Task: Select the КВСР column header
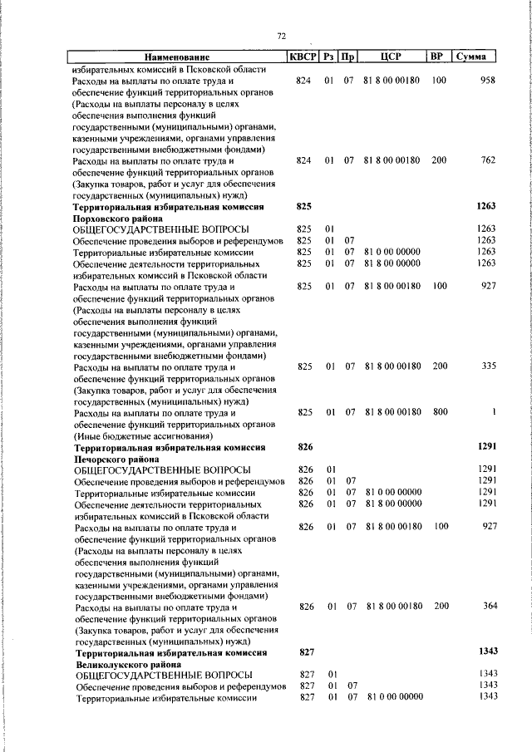(302, 57)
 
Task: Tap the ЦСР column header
(391, 57)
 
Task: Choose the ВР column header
(437, 57)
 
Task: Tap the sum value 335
(488, 366)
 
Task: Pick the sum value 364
(488, 607)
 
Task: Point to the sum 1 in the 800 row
(494, 412)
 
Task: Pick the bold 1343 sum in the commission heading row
(486, 654)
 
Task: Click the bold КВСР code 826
(304, 446)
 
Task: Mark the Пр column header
(349, 57)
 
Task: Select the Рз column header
(329, 57)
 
